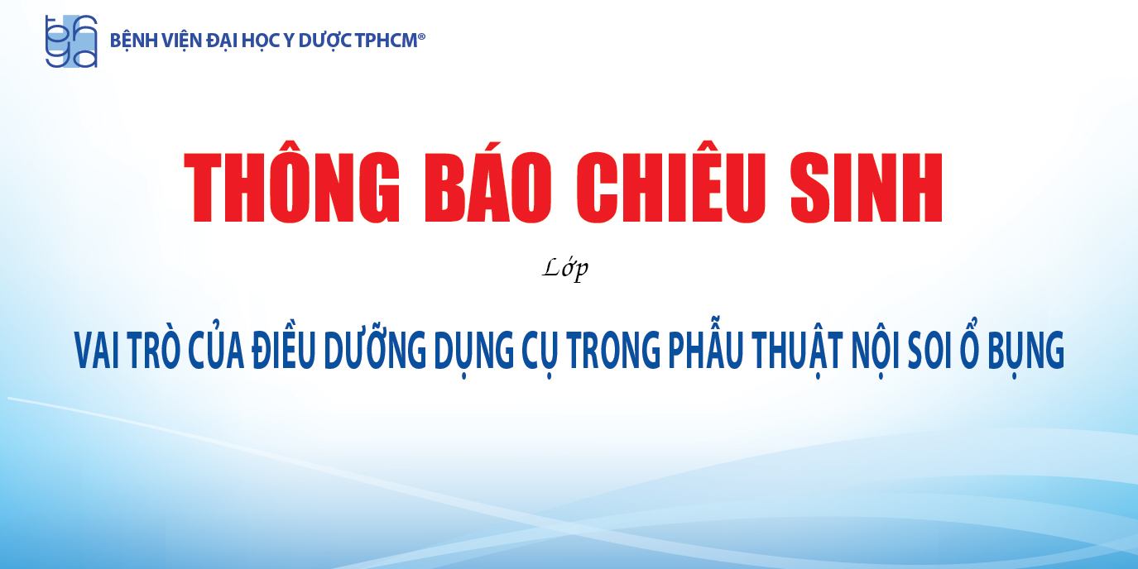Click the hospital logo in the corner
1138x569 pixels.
71,41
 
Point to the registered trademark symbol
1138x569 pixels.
421,36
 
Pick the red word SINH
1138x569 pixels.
867,187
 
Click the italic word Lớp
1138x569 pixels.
565,269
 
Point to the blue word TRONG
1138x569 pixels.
613,350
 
